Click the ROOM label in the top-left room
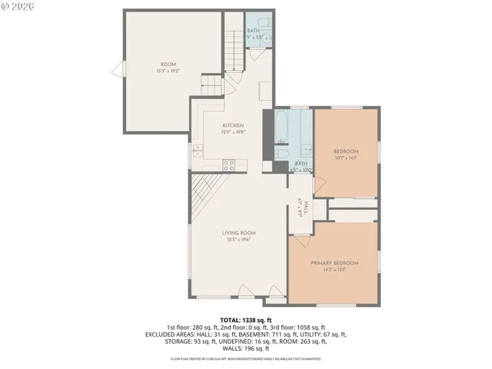tap(168, 64)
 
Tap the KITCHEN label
tap(233, 125)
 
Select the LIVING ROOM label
tap(239, 233)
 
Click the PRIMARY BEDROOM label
tap(334, 263)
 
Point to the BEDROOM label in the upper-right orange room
tap(346, 151)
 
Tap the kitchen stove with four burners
tap(229, 163)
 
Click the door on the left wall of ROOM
tap(118, 71)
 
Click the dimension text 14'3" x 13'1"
tap(334, 270)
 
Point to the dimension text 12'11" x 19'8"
tap(233, 132)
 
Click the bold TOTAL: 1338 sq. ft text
tap(245, 320)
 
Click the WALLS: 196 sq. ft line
tap(245, 348)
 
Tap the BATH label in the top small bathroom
tap(254, 31)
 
